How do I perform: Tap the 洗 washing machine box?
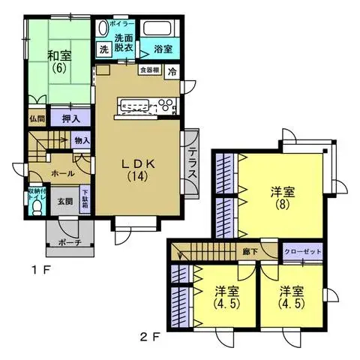(105, 49)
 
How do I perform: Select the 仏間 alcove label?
(37, 118)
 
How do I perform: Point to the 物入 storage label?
(82, 140)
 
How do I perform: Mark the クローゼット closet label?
(303, 251)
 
